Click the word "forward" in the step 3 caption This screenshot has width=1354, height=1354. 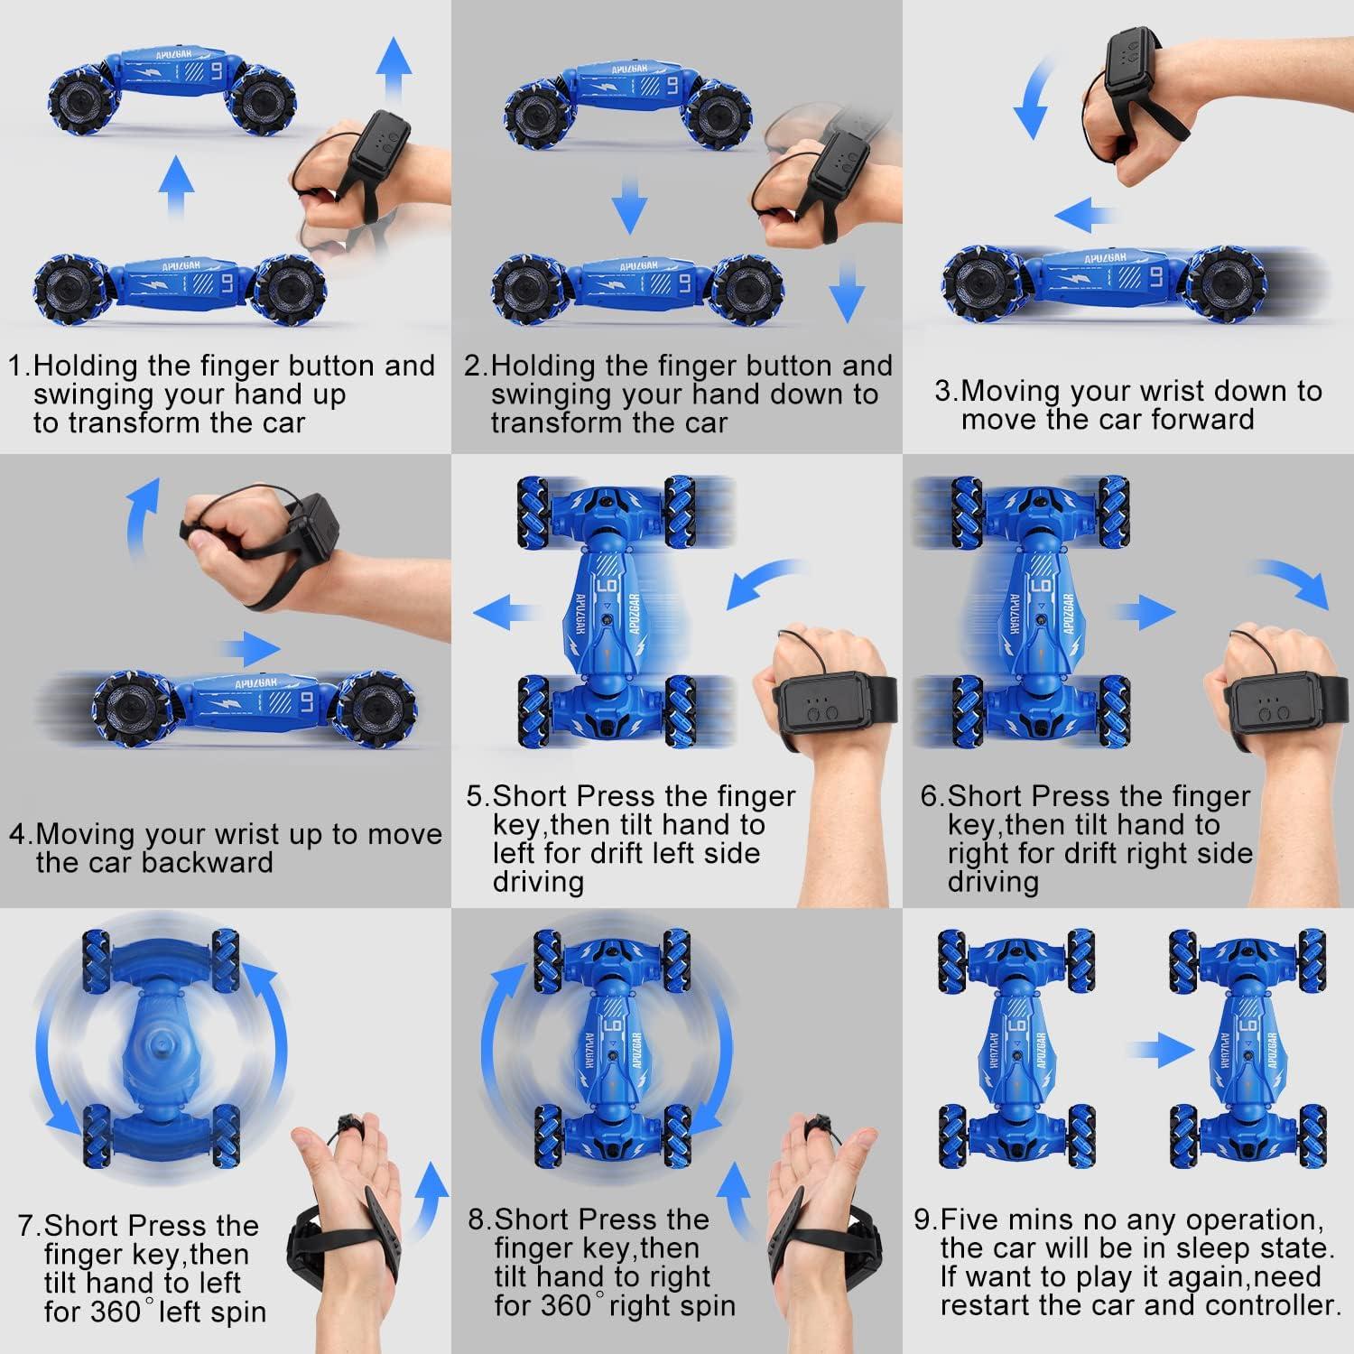(x=1202, y=420)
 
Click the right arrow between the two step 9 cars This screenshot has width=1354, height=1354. (x=1159, y=1048)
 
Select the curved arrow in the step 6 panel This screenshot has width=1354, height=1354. (x=1291, y=585)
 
